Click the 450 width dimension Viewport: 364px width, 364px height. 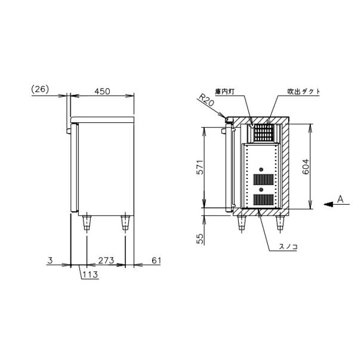point(102,92)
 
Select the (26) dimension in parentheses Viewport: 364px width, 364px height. point(40,89)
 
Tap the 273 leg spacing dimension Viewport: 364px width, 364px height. point(106,260)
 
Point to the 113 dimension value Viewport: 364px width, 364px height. point(90,275)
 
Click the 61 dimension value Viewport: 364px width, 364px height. point(156,260)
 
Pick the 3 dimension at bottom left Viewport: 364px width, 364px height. point(50,260)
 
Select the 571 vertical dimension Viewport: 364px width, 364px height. point(200,167)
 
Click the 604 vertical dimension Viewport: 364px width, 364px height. point(306,166)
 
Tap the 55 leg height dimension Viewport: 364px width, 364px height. point(200,239)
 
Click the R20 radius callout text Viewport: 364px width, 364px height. point(206,100)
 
